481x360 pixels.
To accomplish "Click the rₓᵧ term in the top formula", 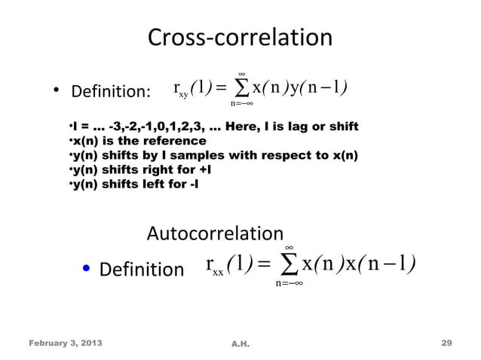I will pyautogui.click(x=181, y=93).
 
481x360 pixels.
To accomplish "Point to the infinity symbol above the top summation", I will pyautogui.click(x=242, y=75).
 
